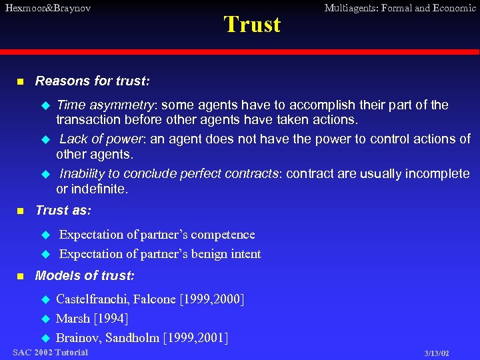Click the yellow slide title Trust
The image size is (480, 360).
252,25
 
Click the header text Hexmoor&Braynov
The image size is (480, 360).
47,9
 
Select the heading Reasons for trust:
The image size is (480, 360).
92,81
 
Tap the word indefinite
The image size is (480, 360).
99,189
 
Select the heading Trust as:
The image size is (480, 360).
63,210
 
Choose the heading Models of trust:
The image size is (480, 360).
85,275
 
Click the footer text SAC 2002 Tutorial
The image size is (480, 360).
50,352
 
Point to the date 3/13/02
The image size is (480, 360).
437,353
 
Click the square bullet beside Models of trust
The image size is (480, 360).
20,276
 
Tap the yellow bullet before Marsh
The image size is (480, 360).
46,319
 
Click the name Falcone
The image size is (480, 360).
156,299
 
